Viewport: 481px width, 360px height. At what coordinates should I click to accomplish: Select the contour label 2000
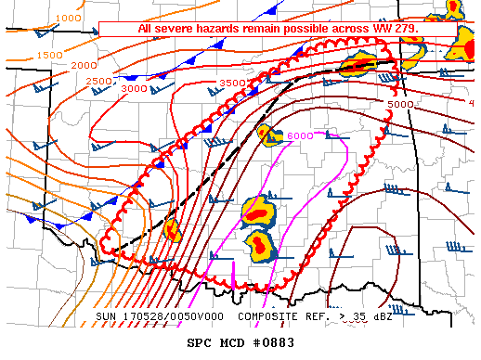click(84, 65)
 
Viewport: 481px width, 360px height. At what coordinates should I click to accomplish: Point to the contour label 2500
click(98, 82)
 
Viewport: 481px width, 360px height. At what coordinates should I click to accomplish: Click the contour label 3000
click(134, 88)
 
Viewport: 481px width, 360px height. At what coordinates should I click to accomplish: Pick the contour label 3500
click(231, 84)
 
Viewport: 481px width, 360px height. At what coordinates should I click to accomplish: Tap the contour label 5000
click(400, 105)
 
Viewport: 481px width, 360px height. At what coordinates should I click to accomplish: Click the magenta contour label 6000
click(299, 136)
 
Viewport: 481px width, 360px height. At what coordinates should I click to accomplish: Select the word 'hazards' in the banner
click(221, 29)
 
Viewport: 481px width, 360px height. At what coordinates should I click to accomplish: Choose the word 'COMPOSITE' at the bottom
click(269, 317)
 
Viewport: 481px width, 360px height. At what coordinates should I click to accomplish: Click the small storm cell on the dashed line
click(172, 229)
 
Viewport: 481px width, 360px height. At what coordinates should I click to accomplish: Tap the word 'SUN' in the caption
click(107, 317)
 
